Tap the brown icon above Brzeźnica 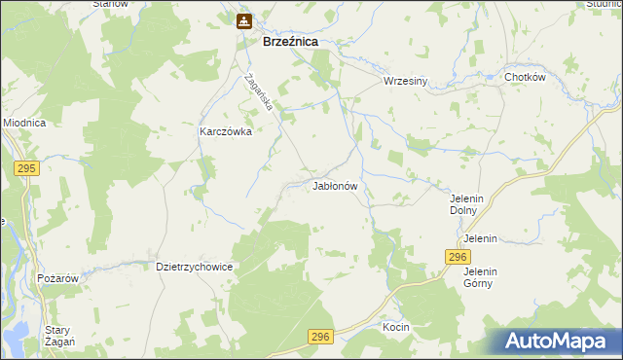coord(243,19)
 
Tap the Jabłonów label coord(337,185)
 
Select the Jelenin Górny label coord(480,277)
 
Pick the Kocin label coord(396,327)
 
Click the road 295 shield coord(26,168)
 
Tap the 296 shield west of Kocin coord(321,337)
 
